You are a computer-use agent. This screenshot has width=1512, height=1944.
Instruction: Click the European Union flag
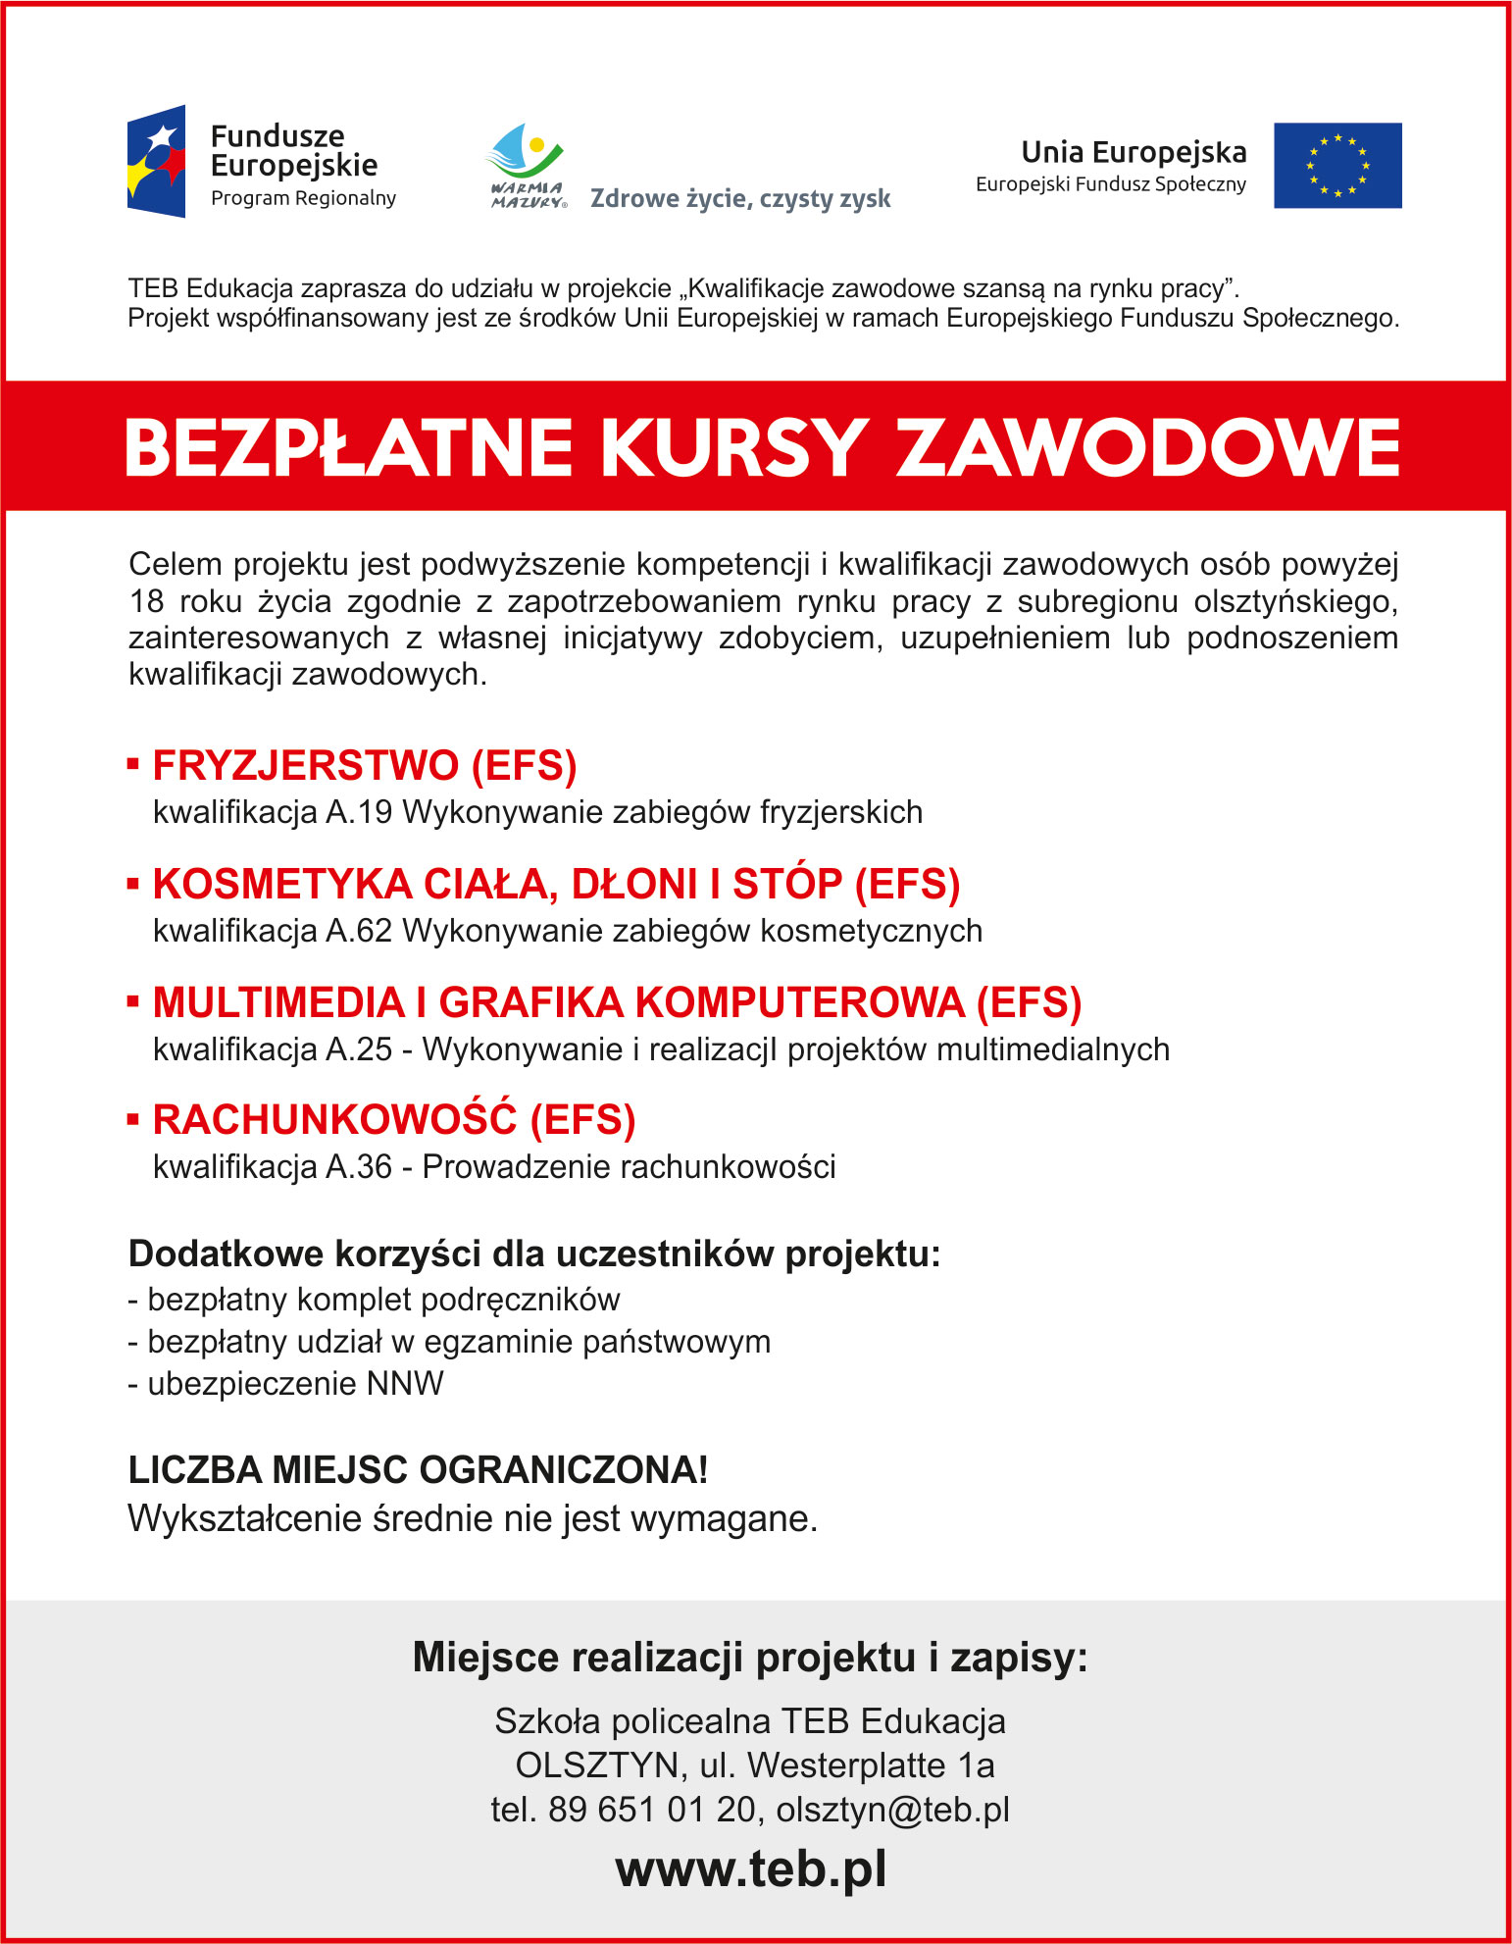pos(1336,165)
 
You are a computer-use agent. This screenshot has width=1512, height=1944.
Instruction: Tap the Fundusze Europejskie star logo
pos(157,162)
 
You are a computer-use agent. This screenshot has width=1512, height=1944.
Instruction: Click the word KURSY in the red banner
pos(733,448)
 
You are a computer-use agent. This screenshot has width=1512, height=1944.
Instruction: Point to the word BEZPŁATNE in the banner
pos(349,448)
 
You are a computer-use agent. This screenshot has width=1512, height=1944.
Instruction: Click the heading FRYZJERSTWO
pos(306,766)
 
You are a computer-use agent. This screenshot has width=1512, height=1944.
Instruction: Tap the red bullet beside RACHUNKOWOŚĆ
pos(133,1119)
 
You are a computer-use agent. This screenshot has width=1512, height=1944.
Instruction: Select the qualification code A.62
pos(359,931)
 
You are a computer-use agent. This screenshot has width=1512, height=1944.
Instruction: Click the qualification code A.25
pos(359,1049)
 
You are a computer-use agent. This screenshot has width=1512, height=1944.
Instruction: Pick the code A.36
pos(359,1167)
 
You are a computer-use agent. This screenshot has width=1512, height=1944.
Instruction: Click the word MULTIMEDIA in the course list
pos(278,1002)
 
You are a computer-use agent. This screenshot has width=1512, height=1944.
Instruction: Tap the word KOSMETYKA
pos(282,884)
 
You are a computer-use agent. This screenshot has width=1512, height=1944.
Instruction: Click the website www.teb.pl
pos(751,1868)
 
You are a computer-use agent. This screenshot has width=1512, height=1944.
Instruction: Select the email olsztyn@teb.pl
pos(892,1810)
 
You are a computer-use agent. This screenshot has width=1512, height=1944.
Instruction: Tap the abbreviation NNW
pos(405,1384)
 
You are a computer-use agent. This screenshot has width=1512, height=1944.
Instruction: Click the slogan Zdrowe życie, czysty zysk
pos(740,199)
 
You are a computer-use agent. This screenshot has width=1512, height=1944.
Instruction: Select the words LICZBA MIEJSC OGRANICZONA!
pos(418,1470)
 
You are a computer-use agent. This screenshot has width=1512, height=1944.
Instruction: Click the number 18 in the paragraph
pos(146,601)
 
